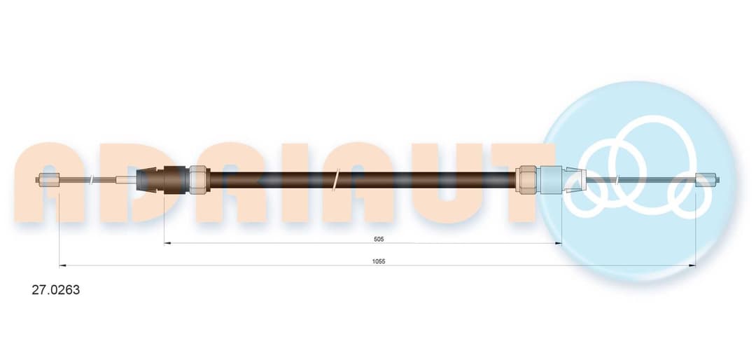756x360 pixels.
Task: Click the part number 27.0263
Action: [55, 290]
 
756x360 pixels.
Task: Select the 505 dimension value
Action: [379, 239]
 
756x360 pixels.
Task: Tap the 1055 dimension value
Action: [379, 261]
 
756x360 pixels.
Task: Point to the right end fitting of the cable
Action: [707, 180]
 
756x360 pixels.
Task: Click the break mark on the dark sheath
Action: [337, 180]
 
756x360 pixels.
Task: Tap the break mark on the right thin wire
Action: [617, 180]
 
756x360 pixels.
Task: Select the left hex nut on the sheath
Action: [198, 180]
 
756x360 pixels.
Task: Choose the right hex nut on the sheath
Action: [526, 180]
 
